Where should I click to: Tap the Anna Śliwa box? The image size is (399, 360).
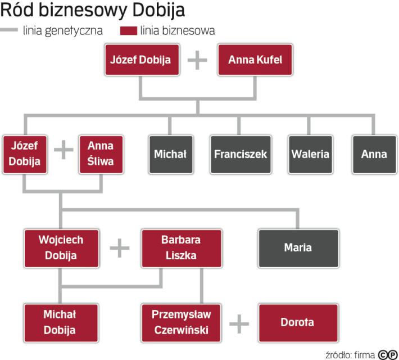[101, 154]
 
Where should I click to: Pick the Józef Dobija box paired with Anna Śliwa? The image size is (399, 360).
[24, 154]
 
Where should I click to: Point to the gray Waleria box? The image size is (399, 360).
[310, 154]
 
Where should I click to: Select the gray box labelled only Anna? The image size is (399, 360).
[374, 154]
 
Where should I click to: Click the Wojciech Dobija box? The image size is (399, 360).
[61, 248]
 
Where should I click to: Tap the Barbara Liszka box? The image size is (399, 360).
[181, 248]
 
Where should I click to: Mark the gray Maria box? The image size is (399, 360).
[298, 248]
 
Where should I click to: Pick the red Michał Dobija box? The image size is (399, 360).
[60, 323]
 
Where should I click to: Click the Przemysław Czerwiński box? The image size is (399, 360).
[181, 323]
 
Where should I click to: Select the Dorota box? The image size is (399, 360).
[298, 323]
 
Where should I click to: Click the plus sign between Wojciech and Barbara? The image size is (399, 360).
[119, 248]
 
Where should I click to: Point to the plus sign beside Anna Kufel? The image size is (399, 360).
[197, 60]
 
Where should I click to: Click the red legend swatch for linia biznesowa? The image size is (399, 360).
[125, 31]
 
